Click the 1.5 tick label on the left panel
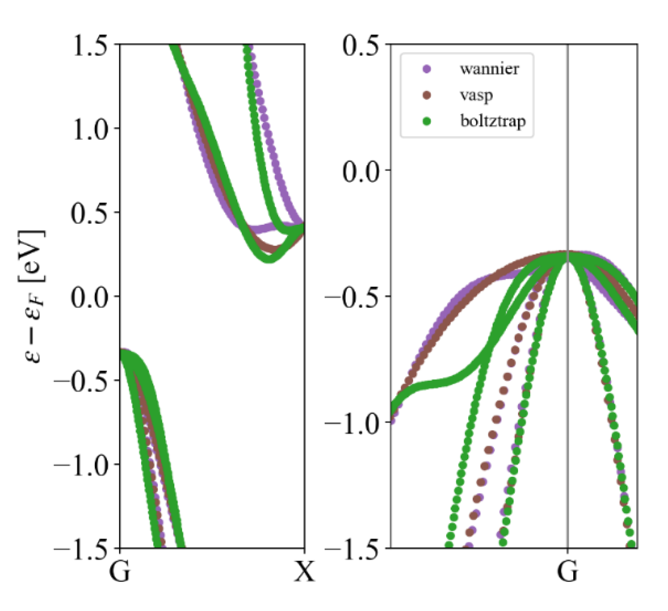(x=90, y=45)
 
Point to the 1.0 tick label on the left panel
(x=90, y=129)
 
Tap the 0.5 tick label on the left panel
(x=89, y=213)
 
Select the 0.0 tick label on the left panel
(x=89, y=297)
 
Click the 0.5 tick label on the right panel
(x=361, y=45)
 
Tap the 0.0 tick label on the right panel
(x=361, y=171)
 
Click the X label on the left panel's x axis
(x=305, y=571)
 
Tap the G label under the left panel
(x=120, y=571)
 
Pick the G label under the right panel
(x=567, y=571)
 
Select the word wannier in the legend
(x=489, y=69)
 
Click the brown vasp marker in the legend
(x=427, y=95)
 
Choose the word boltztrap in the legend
(x=493, y=122)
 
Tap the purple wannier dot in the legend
(x=427, y=69)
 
